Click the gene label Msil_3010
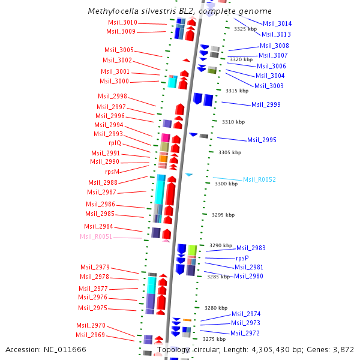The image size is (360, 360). pyautogui.click(x=122, y=22)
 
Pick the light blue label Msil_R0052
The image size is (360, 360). pyautogui.click(x=259, y=180)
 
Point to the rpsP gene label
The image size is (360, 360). pyautogui.click(x=242, y=258)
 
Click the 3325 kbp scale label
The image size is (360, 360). pyautogui.click(x=246, y=29)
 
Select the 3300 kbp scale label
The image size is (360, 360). pyautogui.click(x=227, y=184)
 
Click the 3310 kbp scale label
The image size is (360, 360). pyautogui.click(x=233, y=122)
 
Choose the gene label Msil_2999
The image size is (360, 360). pyautogui.click(x=266, y=104)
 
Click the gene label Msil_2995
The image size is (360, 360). pyautogui.click(x=262, y=140)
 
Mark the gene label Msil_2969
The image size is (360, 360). pyautogui.click(x=90, y=335)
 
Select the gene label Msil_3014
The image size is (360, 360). pyautogui.click(x=277, y=23)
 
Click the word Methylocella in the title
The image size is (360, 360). pyautogui.click(x=111, y=11)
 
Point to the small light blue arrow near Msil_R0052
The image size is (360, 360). pyautogui.click(x=189, y=175)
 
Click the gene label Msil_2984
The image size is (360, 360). pyautogui.click(x=98, y=226)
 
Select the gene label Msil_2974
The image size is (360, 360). pyautogui.click(x=246, y=314)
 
